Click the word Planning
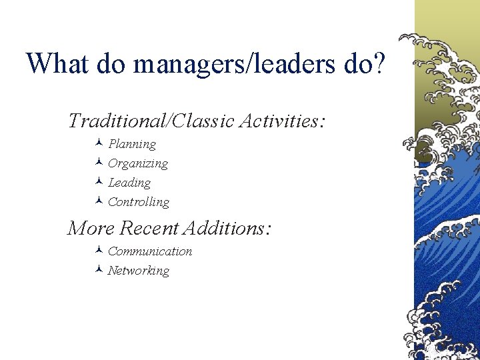(132, 145)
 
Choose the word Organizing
(138, 164)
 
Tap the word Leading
(129, 183)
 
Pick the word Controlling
(139, 202)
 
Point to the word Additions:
(227, 229)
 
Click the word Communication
(150, 251)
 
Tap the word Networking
(139, 271)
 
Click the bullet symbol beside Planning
(98, 143)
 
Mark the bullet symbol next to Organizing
(98, 163)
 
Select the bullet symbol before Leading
(98, 182)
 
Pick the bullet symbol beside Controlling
(98, 201)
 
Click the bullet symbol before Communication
(98, 251)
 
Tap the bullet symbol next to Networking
(98, 270)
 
